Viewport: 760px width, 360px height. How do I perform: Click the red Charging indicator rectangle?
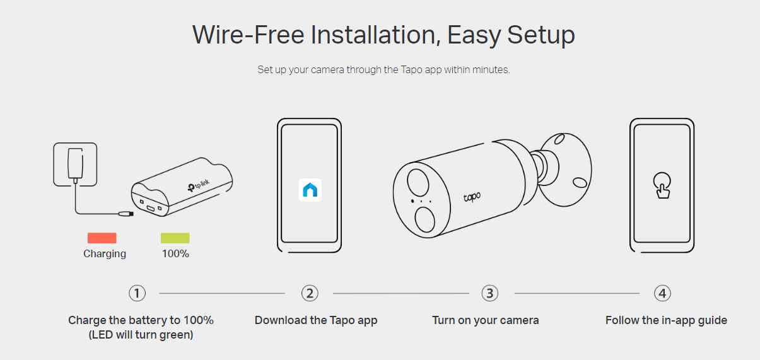[x=102, y=238]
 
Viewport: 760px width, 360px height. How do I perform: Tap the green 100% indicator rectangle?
[x=175, y=238]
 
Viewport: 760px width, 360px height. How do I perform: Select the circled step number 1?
[x=137, y=293]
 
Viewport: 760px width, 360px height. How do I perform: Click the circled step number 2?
[x=310, y=293]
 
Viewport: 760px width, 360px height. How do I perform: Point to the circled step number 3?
[x=490, y=293]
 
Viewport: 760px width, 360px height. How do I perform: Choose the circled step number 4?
[x=662, y=293]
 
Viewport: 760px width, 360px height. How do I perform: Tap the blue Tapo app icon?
[x=310, y=190]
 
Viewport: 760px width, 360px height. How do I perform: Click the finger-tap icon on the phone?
[x=662, y=185]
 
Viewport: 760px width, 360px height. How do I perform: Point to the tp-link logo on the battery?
[x=199, y=185]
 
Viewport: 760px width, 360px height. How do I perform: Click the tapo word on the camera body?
[x=472, y=197]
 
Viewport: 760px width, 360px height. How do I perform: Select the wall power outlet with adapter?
[x=75, y=165]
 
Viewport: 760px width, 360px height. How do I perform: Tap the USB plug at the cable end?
[x=126, y=214]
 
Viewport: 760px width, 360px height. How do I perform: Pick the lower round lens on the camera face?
[x=425, y=219]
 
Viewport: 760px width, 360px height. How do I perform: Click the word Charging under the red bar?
[x=105, y=254]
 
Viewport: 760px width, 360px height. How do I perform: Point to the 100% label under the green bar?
[x=175, y=254]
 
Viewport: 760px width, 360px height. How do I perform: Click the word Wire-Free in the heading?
[x=248, y=35]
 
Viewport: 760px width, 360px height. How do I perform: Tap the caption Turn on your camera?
[x=486, y=320]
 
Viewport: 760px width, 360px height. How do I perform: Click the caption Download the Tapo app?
[x=316, y=320]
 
